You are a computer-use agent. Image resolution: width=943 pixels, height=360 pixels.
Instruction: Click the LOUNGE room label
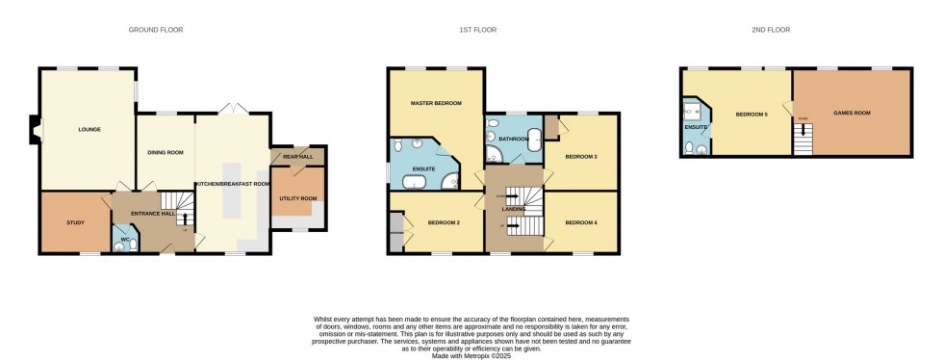[x=89, y=129]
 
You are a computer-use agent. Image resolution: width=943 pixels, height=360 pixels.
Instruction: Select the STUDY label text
[x=75, y=223]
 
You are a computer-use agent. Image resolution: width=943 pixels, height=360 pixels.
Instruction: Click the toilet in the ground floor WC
[x=119, y=245]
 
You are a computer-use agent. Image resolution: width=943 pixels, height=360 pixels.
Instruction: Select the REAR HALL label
[x=297, y=157]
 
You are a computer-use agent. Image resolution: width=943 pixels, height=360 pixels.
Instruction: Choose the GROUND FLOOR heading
[x=156, y=30]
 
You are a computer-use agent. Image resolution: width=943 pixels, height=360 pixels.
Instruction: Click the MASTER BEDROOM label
[x=435, y=103]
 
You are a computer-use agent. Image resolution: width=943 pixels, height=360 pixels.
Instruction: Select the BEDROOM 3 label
[x=581, y=156]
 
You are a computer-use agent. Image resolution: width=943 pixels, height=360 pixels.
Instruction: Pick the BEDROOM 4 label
[x=581, y=223]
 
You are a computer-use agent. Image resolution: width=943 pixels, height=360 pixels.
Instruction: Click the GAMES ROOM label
[x=851, y=114]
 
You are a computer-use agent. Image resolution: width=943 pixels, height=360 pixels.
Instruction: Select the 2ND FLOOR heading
[x=771, y=30]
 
